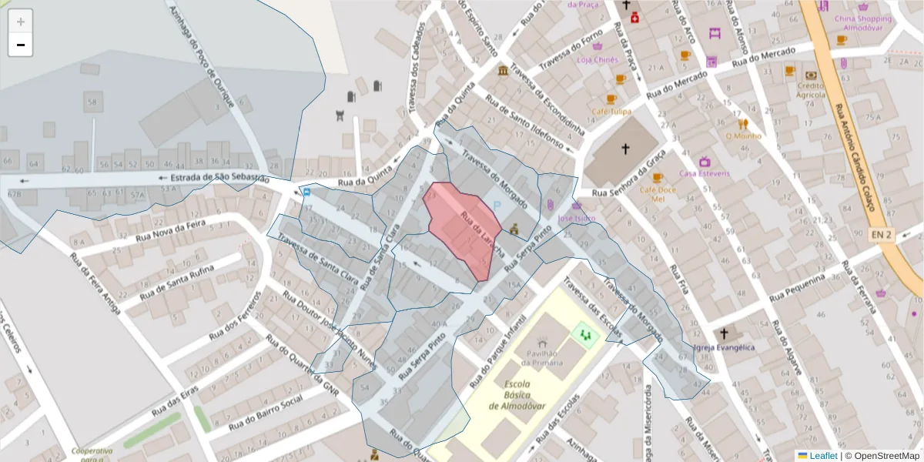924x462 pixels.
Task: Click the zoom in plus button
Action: point(21,22)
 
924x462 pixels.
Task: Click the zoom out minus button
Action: point(21,45)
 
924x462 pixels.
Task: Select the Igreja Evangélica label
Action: point(724,347)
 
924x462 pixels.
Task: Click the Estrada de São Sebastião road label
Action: point(219,179)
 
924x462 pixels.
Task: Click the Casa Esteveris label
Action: point(704,173)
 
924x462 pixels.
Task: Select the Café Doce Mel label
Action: point(657,193)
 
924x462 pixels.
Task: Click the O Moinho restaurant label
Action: point(743,136)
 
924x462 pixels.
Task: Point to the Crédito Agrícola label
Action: point(811,89)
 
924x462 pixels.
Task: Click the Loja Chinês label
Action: point(598,59)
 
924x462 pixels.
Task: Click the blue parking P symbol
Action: point(497,206)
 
